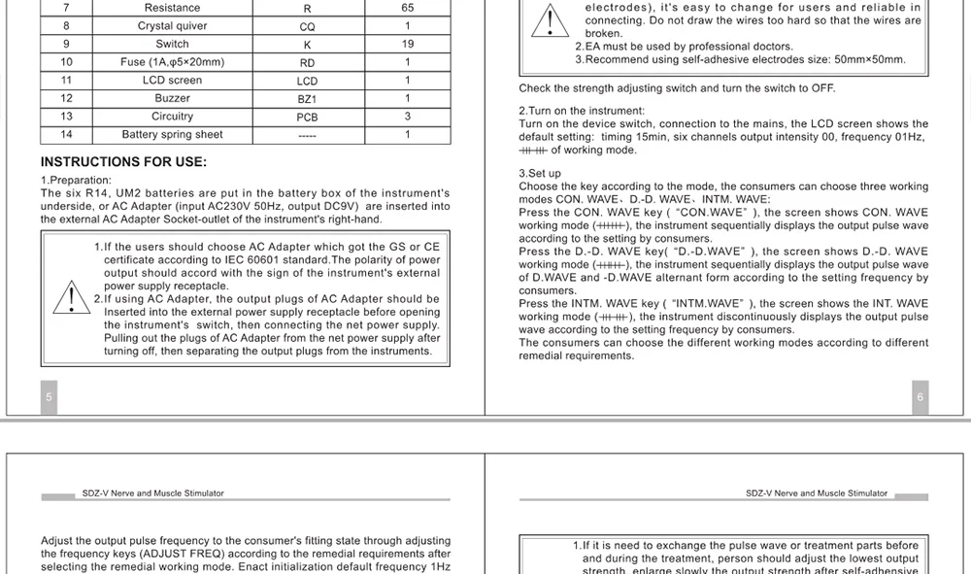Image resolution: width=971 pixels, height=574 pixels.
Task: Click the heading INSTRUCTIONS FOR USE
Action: [123, 162]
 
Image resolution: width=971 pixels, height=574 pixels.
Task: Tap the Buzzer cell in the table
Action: [172, 98]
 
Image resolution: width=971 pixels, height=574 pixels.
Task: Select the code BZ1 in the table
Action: [307, 99]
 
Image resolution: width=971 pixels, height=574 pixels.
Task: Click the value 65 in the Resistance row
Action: [407, 8]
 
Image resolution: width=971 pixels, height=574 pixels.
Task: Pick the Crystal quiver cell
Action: [172, 26]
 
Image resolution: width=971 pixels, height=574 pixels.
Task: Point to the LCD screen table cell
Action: [172, 81]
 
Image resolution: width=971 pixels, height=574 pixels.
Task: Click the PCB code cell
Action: [307, 118]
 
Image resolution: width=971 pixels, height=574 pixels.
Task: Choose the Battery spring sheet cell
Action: [172, 135]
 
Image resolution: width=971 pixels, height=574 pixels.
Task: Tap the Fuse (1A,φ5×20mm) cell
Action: [172, 62]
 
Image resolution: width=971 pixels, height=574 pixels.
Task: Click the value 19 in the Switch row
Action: [407, 44]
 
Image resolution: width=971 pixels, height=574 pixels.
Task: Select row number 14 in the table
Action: [66, 135]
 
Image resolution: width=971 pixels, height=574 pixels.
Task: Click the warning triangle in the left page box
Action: [71, 297]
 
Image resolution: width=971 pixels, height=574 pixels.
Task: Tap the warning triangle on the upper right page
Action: [550, 21]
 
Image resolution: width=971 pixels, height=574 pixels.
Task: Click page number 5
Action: [50, 397]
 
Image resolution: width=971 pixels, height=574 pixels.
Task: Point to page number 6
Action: [921, 397]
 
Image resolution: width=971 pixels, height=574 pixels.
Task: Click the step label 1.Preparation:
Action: [76, 181]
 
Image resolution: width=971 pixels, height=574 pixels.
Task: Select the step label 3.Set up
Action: [540, 174]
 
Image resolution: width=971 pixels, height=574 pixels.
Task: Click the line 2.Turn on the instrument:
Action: [582, 112]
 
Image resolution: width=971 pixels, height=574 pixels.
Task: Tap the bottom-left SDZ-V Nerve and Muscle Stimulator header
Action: [153, 493]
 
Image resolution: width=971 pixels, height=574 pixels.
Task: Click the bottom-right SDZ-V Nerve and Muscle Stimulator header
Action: [817, 493]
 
